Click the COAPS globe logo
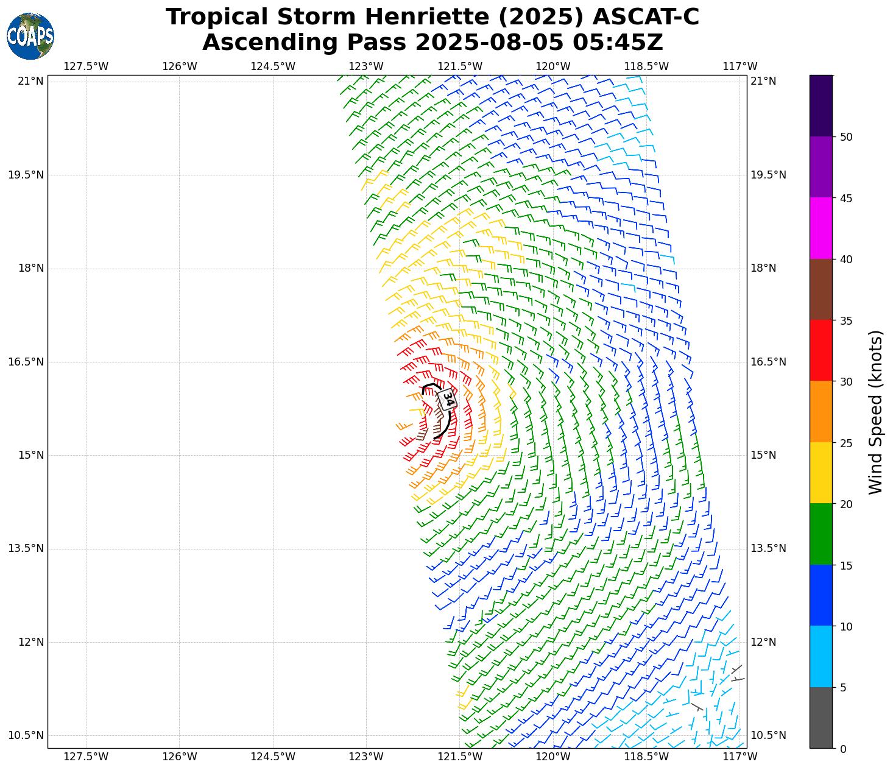tap(30, 37)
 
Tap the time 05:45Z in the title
tap(616, 43)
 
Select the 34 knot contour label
tap(448, 399)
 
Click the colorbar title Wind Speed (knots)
tap(875, 412)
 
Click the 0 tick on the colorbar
tap(843, 749)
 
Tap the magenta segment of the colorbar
tap(821, 228)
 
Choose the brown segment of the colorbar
tap(821, 289)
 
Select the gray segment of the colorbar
tap(821, 718)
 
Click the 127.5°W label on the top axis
tap(86, 66)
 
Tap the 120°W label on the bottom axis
tap(553, 757)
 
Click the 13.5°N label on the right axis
tap(768, 548)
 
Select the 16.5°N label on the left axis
tap(26, 362)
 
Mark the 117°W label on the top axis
tap(740, 66)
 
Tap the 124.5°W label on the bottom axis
tap(273, 757)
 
